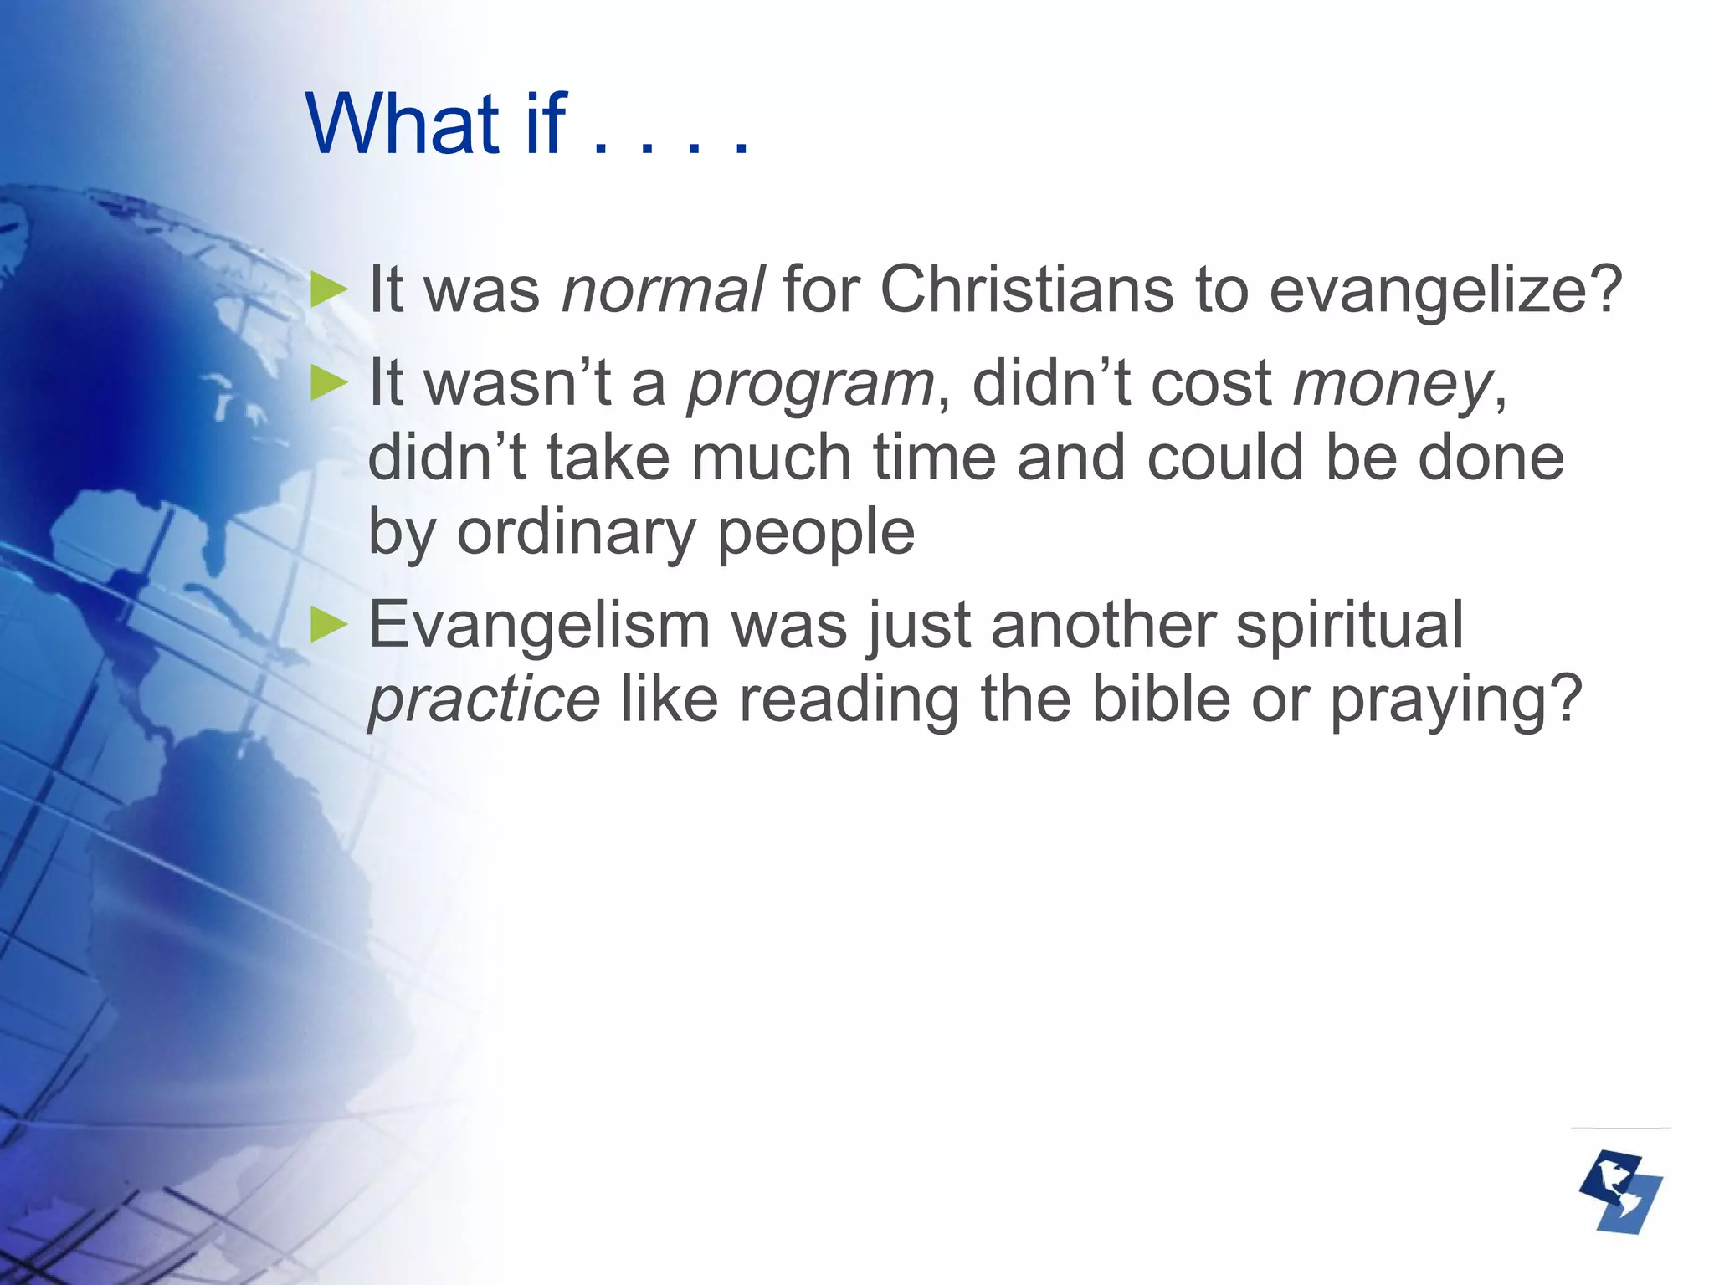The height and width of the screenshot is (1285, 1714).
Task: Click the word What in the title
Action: (x=403, y=125)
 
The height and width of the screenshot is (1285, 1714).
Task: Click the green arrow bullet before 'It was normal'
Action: (x=328, y=290)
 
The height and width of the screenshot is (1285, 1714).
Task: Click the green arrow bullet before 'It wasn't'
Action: (x=328, y=384)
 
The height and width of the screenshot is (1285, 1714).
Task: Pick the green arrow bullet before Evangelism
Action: (x=328, y=625)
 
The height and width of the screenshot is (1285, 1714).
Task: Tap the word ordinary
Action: (x=577, y=533)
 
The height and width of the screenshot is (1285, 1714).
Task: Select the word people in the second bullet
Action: (x=816, y=533)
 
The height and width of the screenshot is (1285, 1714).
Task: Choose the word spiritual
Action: (x=1349, y=625)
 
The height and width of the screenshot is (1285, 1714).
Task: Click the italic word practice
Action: (x=484, y=700)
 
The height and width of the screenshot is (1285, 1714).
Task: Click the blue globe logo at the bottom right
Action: (x=1620, y=1192)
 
